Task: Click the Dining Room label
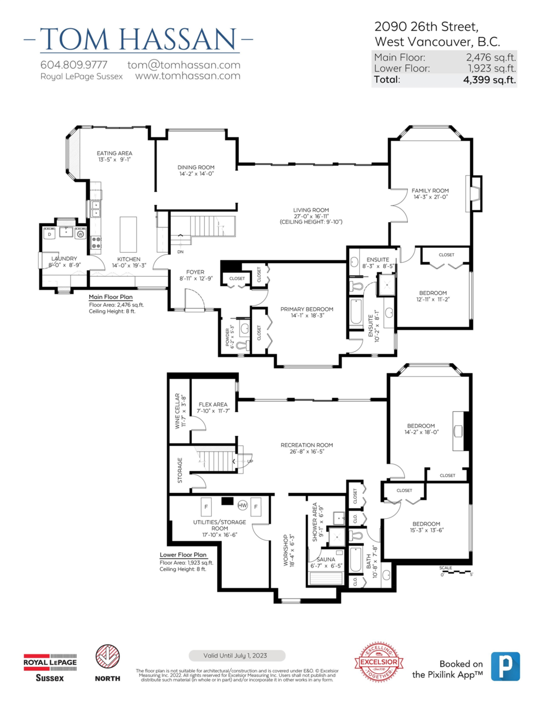195,167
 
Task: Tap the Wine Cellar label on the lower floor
177,411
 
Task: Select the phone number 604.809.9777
74,65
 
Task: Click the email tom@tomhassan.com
184,65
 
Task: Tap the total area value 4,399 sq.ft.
489,80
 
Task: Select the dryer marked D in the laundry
49,234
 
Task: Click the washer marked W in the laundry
80,234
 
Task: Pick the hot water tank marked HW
242,505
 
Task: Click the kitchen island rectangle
128,234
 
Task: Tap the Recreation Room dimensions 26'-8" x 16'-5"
306,452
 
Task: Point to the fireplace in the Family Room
474,194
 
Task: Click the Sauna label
326,559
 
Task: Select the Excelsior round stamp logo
379,661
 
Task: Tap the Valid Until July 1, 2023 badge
237,656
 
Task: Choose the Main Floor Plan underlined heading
110,297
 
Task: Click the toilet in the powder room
242,345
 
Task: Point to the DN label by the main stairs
181,252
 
